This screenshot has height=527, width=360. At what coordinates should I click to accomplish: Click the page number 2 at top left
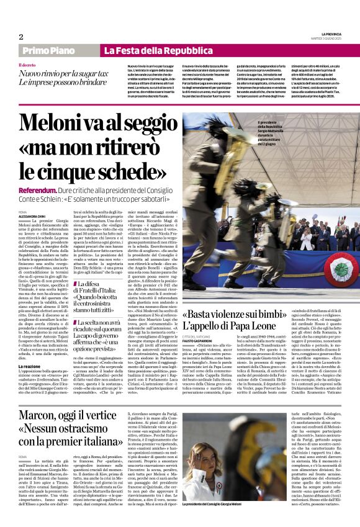coord(20,37)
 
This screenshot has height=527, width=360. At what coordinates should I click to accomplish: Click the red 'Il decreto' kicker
coord(28,65)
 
